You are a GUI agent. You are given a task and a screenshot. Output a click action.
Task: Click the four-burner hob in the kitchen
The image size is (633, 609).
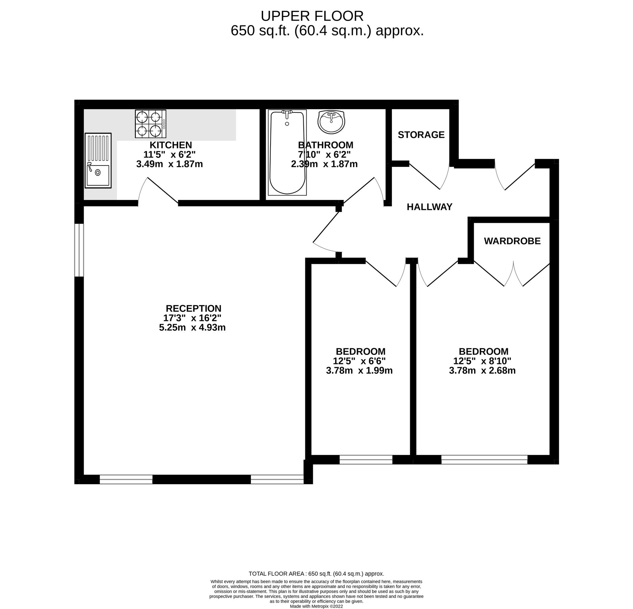tap(150, 124)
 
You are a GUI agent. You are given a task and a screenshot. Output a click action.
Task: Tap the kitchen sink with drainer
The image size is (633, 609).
tap(98, 160)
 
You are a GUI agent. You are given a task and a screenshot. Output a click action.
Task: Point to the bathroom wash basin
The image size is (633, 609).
tap(331, 121)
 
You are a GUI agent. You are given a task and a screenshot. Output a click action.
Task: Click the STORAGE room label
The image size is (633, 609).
tap(421, 135)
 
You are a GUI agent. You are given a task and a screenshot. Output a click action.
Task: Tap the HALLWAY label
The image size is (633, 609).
tap(429, 207)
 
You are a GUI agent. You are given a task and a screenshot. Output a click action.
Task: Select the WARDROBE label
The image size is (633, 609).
tap(512, 241)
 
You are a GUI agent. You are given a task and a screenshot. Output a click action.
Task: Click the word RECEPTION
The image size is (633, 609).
tap(193, 309)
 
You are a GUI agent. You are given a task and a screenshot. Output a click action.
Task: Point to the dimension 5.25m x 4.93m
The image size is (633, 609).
tap(192, 328)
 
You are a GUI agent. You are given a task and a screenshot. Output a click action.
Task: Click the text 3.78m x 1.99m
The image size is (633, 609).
tap(359, 370)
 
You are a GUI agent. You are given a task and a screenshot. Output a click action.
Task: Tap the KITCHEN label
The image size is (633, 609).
tap(171, 145)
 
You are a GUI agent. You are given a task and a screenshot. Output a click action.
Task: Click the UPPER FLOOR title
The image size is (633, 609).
tap(312, 16)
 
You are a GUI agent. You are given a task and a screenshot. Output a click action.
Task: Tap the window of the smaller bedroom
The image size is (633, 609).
tap(366, 459)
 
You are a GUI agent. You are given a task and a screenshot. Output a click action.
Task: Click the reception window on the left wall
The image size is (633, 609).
tap(79, 250)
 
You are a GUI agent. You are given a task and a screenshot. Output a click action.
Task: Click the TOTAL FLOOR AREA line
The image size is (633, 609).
tap(316, 574)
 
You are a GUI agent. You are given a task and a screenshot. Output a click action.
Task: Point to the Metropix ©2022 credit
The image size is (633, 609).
tap(316, 607)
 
